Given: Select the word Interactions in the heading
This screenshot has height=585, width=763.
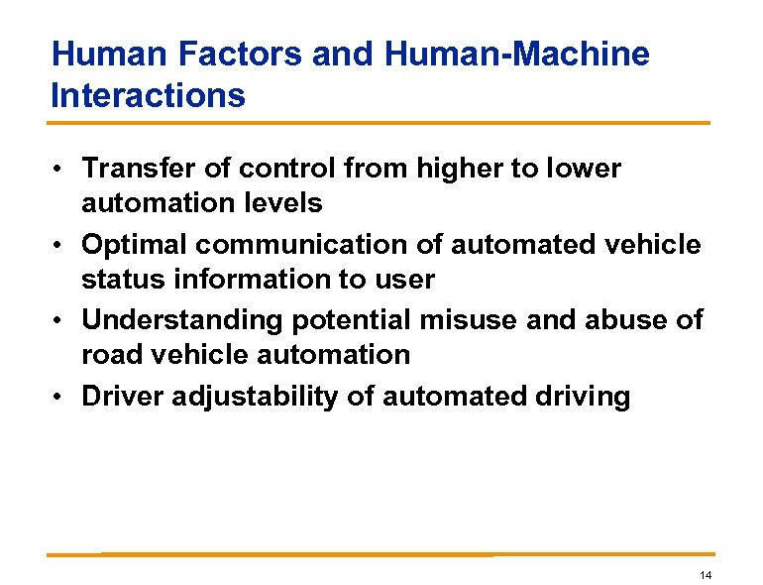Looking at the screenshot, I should point(148,95).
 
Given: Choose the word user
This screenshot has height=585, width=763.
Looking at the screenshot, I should point(403,281).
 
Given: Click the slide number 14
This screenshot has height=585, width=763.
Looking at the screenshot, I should point(706,576).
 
